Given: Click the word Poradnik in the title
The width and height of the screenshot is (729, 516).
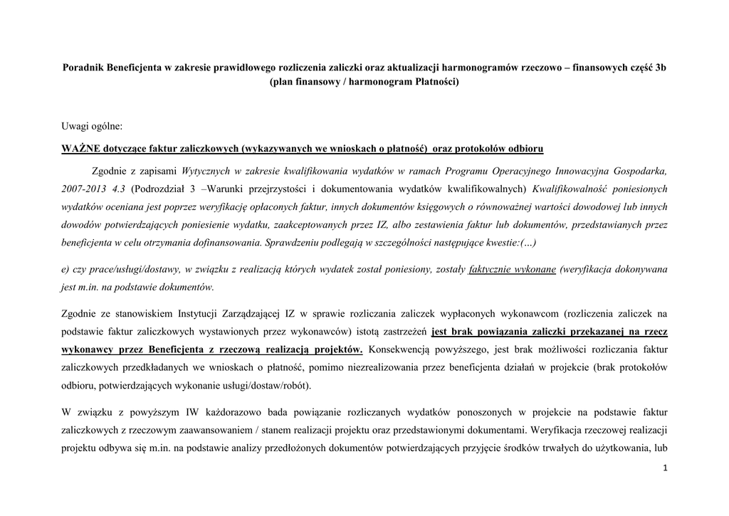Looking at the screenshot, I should (83, 68).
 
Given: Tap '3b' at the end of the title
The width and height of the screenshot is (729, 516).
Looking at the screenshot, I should (660, 68).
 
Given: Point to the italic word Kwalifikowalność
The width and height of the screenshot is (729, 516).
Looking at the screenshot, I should (571, 189).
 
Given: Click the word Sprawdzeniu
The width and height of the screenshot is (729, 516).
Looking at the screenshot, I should (293, 243).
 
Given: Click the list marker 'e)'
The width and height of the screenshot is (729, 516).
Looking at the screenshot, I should (66, 270).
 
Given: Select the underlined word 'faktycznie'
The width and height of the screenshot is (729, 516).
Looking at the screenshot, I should (493, 270).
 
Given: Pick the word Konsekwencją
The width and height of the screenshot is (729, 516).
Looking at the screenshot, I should (399, 349).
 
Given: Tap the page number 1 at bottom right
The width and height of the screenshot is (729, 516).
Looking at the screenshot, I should (664, 468).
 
